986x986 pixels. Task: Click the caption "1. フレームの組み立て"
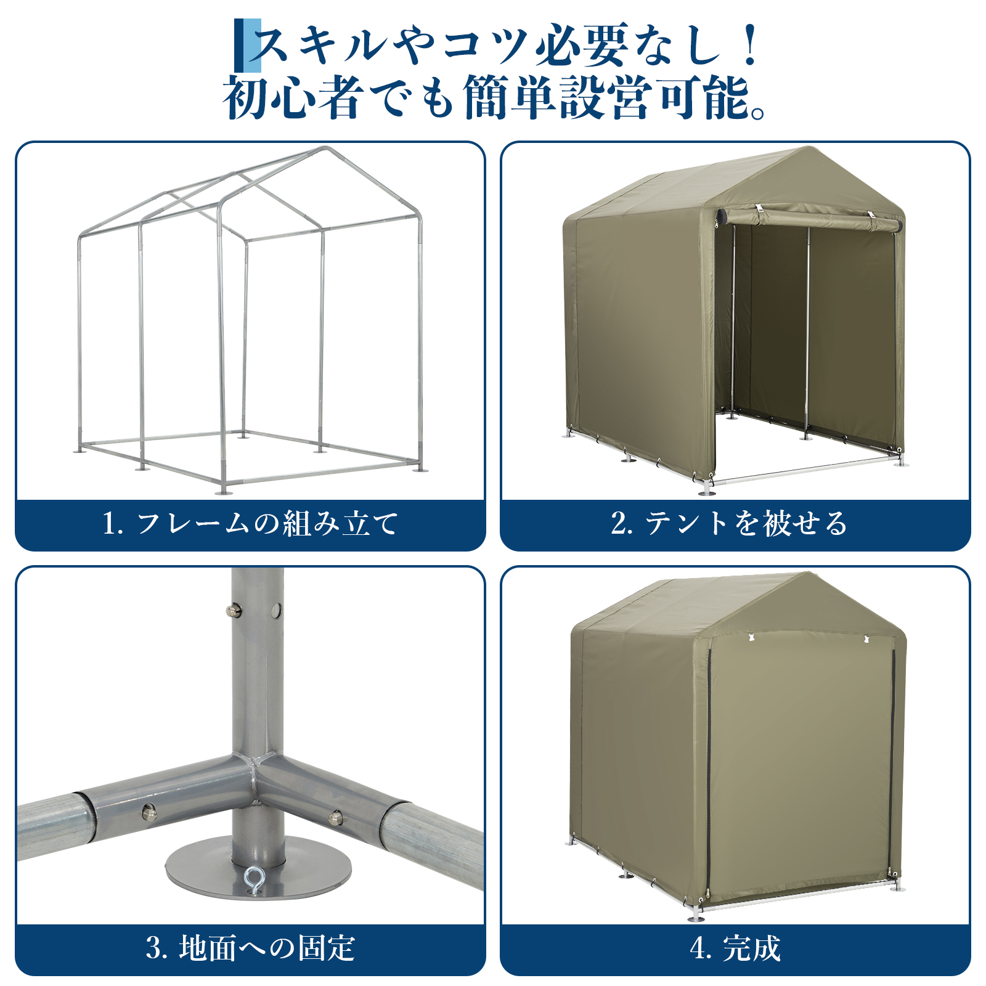point(250,524)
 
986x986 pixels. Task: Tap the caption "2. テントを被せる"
point(730,524)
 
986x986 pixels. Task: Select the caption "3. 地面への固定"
point(250,948)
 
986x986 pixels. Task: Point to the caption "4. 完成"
point(735,948)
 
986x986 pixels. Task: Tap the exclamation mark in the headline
point(750,44)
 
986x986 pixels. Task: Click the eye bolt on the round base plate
point(254,880)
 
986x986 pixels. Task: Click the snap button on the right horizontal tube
point(335,818)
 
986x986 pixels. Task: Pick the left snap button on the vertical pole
point(232,610)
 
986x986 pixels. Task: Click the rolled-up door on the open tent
point(809,219)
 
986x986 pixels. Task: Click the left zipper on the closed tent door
point(709,770)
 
